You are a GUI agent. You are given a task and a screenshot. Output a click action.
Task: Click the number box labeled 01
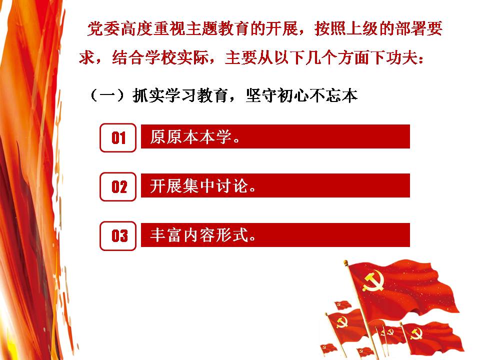pos(118,138)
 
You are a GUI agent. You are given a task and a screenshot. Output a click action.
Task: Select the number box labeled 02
pos(118,186)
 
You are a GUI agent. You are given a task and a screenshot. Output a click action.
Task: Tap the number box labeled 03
pos(118,235)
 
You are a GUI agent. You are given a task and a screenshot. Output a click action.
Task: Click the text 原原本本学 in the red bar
pos(190,137)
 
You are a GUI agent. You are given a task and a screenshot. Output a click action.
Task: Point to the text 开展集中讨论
pos(199,186)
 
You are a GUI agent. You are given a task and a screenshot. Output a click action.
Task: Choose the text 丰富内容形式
pos(199,235)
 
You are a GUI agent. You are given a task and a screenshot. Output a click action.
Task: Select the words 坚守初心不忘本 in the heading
pos(302,95)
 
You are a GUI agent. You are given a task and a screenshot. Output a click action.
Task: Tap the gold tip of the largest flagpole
pos(345,262)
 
